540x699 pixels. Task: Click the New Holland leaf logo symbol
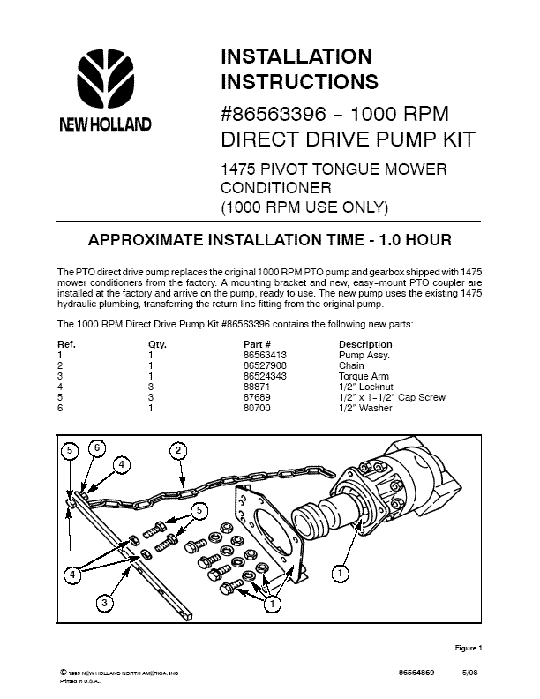106,79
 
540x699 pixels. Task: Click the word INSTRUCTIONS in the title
299,81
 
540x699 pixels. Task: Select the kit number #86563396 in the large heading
274,114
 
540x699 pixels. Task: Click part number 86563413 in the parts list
265,355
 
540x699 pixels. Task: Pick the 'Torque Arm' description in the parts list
364,376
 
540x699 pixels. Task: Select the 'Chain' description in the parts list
351,365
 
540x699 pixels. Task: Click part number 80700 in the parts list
257,408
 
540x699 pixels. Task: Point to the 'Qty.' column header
157,344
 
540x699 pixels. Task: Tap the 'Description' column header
365,344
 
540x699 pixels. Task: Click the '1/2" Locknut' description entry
366,387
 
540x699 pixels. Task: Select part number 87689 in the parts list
257,397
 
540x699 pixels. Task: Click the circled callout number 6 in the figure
97,448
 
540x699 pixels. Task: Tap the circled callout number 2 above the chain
178,450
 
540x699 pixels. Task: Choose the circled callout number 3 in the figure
104,603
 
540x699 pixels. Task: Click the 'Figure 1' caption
469,648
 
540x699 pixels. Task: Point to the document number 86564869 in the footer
416,673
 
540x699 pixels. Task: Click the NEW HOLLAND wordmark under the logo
106,124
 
